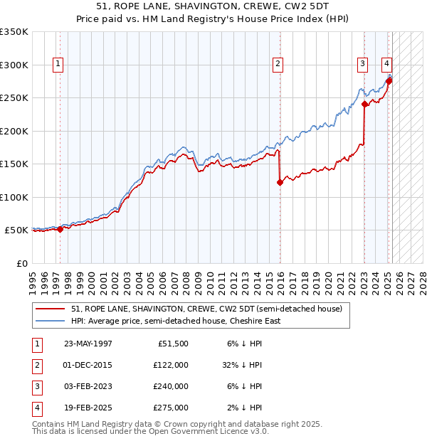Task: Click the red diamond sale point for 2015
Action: click(280, 182)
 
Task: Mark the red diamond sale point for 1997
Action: click(60, 229)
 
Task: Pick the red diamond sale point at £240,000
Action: click(364, 104)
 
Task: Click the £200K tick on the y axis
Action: click(14, 131)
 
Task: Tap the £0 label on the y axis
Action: click(21, 263)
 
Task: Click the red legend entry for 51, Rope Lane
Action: click(206, 309)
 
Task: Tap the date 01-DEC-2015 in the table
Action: click(88, 364)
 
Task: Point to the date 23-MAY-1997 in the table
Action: click(88, 343)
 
